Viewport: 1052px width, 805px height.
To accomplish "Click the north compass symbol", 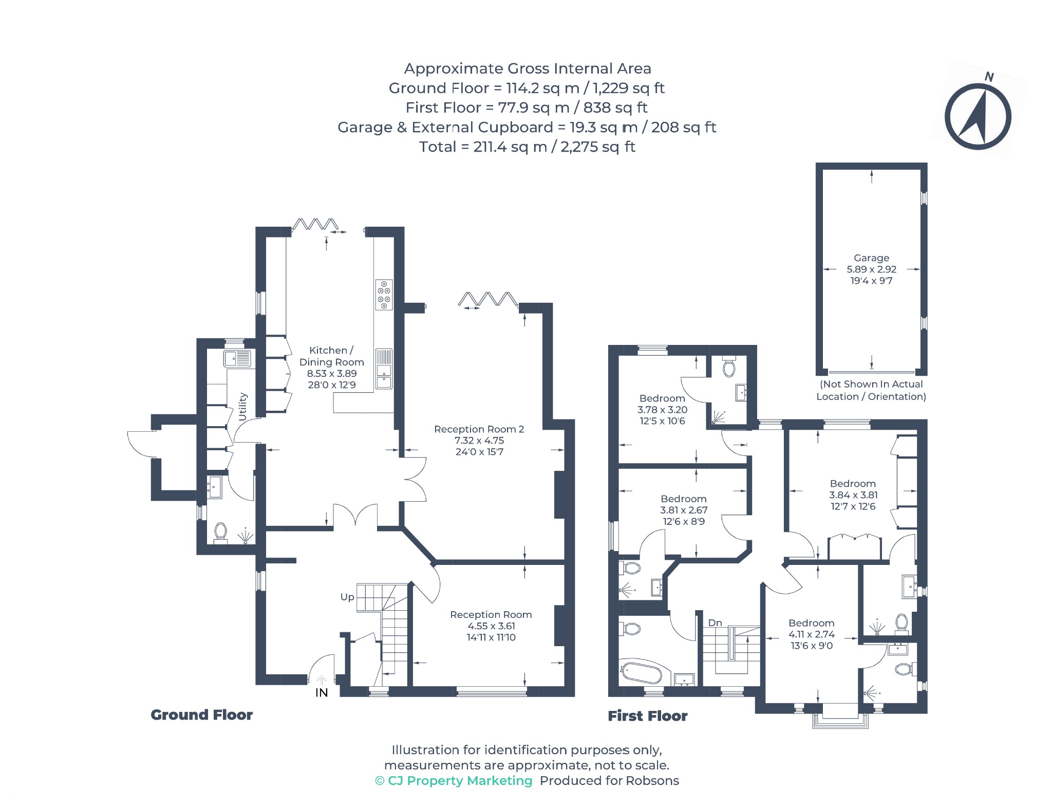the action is pos(978,116).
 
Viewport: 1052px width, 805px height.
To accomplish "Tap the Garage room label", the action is pos(871,258).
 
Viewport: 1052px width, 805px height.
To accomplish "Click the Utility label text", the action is pos(243,407).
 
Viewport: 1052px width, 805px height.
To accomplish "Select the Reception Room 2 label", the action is pos(479,429).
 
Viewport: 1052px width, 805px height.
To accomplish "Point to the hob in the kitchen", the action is pos(384,295).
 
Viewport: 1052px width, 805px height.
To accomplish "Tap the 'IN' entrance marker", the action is pos(322,693).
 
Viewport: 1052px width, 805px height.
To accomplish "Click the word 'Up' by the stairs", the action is pos(347,597).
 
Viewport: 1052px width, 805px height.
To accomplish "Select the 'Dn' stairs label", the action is pos(715,623).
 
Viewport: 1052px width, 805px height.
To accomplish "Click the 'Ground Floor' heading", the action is pos(201,715).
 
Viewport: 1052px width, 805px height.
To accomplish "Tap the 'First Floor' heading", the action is pos(647,716).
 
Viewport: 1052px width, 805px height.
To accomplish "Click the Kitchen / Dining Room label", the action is pos(331,356).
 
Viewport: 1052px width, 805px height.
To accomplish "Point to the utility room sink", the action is pos(237,358).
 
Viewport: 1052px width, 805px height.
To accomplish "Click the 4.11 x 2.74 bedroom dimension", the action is pos(812,634).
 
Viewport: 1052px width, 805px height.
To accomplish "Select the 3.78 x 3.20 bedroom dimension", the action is pos(662,410).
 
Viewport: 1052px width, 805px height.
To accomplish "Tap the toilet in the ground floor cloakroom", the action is pos(221,533).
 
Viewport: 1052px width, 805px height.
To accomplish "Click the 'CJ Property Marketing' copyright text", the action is pos(454,781).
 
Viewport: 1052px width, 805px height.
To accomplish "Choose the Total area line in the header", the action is pos(527,147).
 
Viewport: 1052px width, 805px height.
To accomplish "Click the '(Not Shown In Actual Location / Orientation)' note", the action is pos(871,390).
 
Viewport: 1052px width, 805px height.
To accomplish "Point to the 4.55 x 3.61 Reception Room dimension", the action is pos(491,626).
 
